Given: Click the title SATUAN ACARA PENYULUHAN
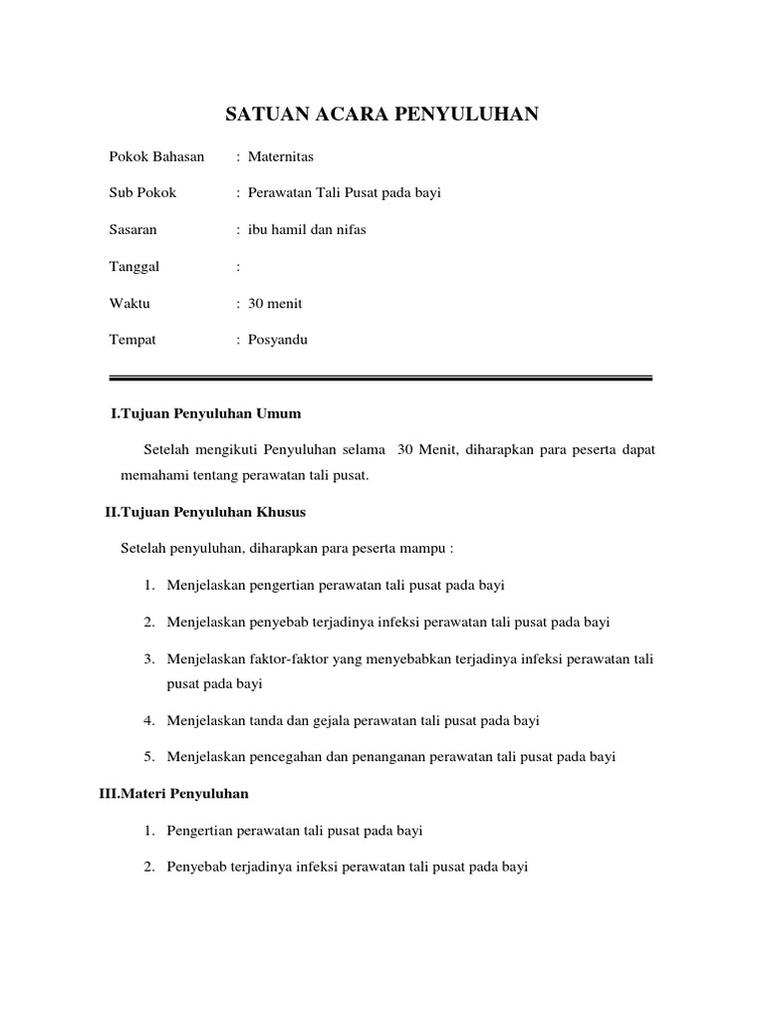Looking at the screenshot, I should tap(382, 116).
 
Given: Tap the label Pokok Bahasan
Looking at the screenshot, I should tap(156, 156).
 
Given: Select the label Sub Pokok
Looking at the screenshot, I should tap(142, 192).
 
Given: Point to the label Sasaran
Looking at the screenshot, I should tap(132, 229).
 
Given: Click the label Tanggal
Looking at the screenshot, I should tap(134, 266).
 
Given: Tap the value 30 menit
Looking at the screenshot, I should tap(275, 303).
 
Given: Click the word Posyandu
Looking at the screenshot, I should tap(278, 340).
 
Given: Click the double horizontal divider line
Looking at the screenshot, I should tap(380, 379).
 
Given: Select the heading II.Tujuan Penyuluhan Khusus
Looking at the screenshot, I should tap(205, 512).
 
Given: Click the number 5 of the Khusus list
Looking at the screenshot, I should tap(147, 757).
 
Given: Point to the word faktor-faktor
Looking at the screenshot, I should tap(274, 659).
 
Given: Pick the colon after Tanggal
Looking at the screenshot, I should tap(238, 266).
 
